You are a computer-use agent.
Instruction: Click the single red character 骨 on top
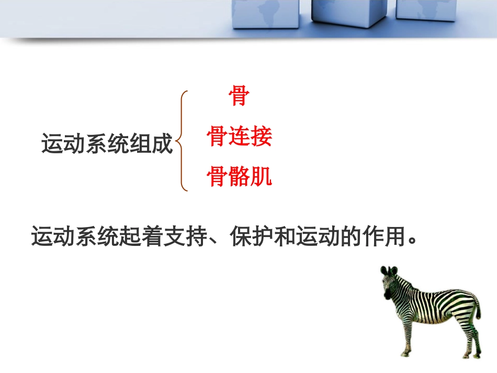click(239, 96)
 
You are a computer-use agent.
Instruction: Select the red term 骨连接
click(239, 138)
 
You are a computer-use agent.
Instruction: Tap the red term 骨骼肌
click(239, 177)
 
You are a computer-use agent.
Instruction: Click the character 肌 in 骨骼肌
click(261, 177)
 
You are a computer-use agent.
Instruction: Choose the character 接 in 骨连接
click(261, 138)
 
